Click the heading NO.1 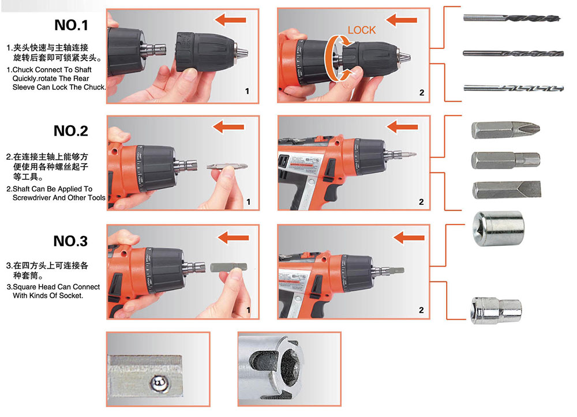pyautogui.click(x=71, y=25)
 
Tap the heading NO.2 pyautogui.click(x=70, y=131)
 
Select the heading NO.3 pyautogui.click(x=70, y=241)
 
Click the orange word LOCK pyautogui.click(x=362, y=30)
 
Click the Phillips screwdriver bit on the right pyautogui.click(x=505, y=130)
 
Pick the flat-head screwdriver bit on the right pyautogui.click(x=507, y=190)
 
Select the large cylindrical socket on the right pyautogui.click(x=499, y=228)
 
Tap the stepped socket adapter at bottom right pyautogui.click(x=496, y=311)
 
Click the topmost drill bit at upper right pyautogui.click(x=511, y=18)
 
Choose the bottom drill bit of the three pyautogui.click(x=514, y=88)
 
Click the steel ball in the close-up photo pyautogui.click(x=159, y=383)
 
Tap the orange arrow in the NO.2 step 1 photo pyautogui.click(x=228, y=127)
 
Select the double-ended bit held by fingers pyautogui.click(x=227, y=167)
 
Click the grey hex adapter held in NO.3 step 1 pyautogui.click(x=228, y=268)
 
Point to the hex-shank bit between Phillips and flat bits pyautogui.click(x=505, y=160)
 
